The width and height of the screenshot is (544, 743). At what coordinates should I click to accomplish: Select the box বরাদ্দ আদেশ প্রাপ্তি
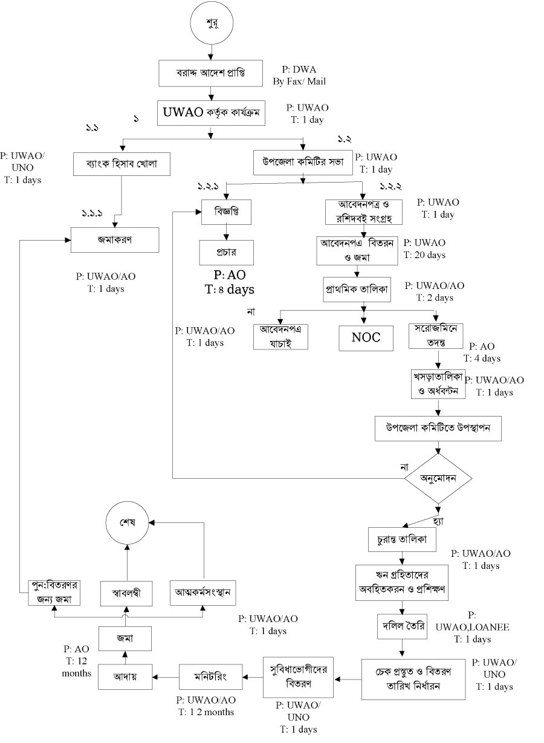[211, 74]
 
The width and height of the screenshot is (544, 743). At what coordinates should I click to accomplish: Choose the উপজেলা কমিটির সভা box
[302, 162]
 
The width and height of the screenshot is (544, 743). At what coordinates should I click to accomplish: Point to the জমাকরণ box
[115, 239]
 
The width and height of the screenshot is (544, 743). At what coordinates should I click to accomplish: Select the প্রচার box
[227, 251]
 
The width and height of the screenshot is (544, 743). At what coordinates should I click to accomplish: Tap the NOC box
[366, 337]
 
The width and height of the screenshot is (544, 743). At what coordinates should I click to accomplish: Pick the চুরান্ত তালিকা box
[403, 540]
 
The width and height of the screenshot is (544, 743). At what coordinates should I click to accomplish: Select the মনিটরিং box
[211, 675]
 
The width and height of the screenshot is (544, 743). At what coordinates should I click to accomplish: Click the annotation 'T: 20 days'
[424, 255]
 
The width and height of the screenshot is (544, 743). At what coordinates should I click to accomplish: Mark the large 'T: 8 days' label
[229, 289]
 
